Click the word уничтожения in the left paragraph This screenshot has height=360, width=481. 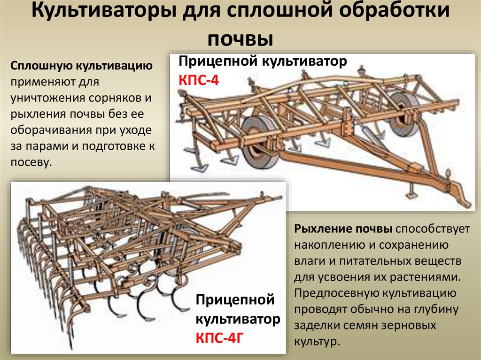[x=46, y=98]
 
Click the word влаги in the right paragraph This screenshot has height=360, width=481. [x=307, y=261]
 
